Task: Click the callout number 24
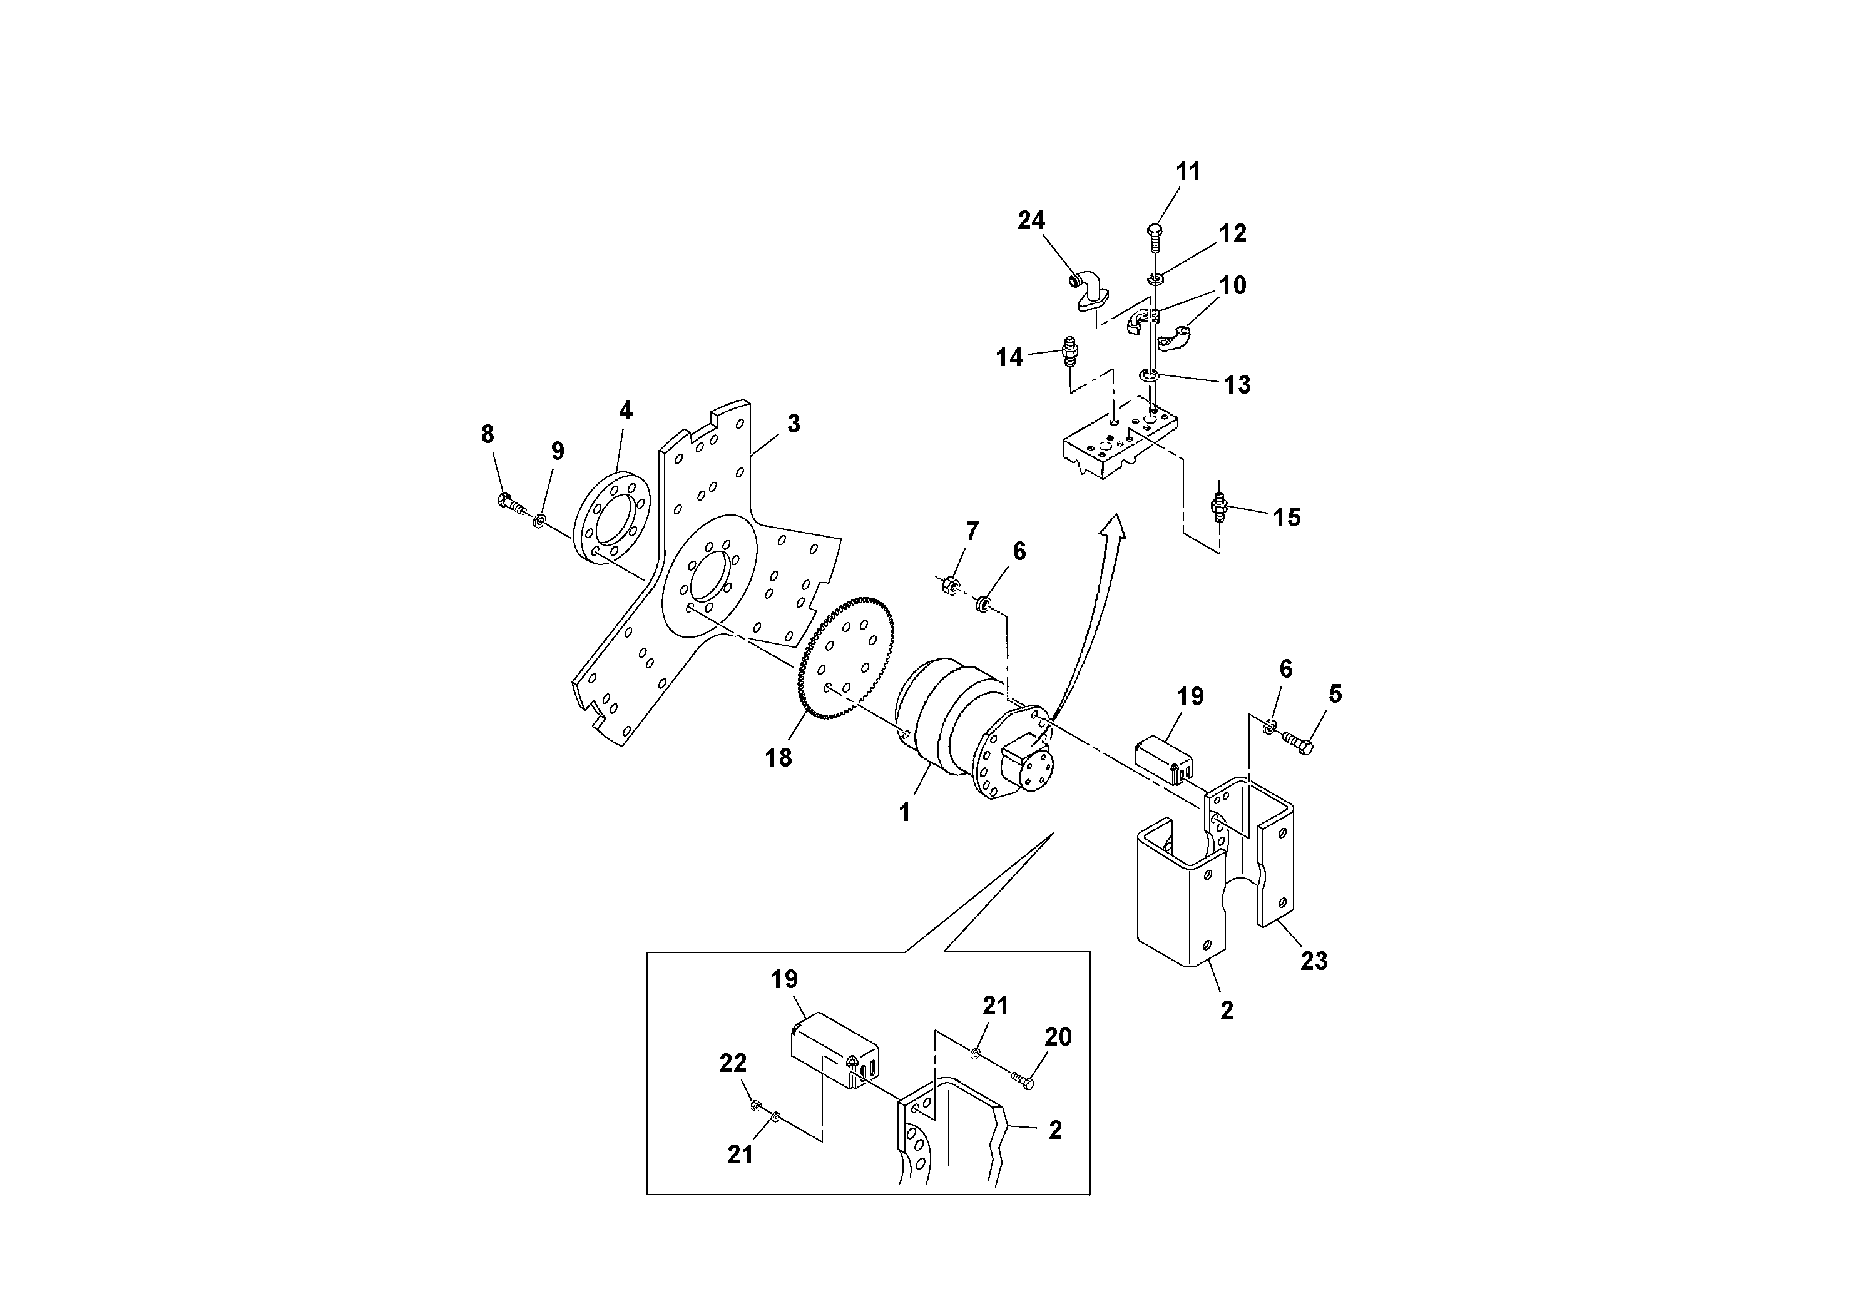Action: pyautogui.click(x=1031, y=221)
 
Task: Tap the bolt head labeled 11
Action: pyautogui.click(x=1155, y=230)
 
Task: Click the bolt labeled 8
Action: pyautogui.click(x=506, y=501)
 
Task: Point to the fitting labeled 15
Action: pyautogui.click(x=1218, y=507)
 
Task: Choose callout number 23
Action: pyautogui.click(x=1314, y=961)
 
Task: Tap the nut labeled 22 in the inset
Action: pyautogui.click(x=755, y=1104)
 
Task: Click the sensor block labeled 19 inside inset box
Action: pyautogui.click(x=832, y=1049)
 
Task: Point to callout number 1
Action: pyautogui.click(x=905, y=812)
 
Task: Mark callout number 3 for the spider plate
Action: pyautogui.click(x=794, y=423)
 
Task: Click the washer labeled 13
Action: pyautogui.click(x=1147, y=375)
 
